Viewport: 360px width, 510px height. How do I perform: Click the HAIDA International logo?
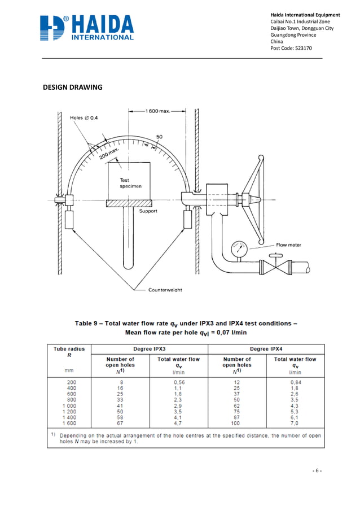87,28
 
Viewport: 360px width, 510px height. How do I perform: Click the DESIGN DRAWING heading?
73,88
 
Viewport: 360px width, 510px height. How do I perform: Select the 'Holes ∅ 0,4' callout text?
84,118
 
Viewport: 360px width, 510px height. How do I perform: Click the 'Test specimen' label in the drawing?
127,183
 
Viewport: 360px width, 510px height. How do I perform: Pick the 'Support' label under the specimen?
148,211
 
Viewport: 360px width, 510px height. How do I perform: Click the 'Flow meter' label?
288,245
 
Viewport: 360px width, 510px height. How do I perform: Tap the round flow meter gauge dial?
240,247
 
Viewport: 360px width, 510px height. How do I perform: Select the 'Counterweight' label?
165,290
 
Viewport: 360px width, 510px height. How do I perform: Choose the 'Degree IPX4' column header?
266,349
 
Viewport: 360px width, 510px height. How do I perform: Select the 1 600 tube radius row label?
69,423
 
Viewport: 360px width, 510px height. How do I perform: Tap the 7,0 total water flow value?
295,423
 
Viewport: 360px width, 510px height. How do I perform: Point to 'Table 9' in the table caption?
89,323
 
